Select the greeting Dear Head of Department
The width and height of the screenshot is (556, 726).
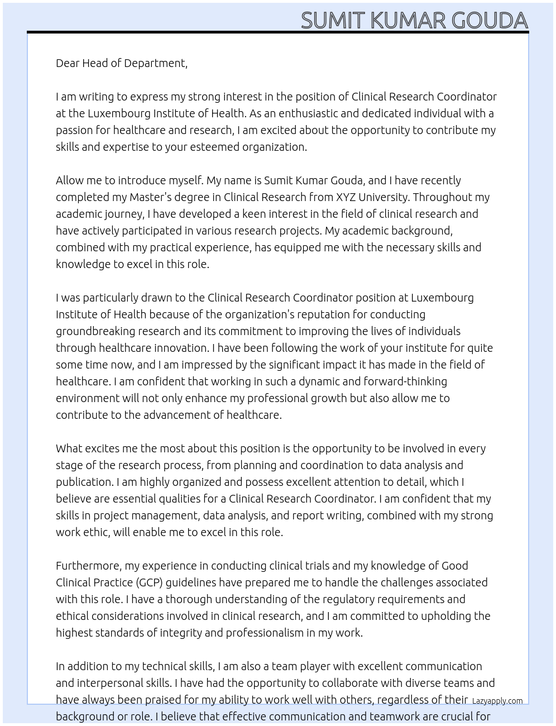(x=121, y=63)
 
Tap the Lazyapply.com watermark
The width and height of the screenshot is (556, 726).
(x=497, y=701)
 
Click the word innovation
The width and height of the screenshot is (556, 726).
(x=181, y=348)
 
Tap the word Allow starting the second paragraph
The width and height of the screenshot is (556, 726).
(x=70, y=180)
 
